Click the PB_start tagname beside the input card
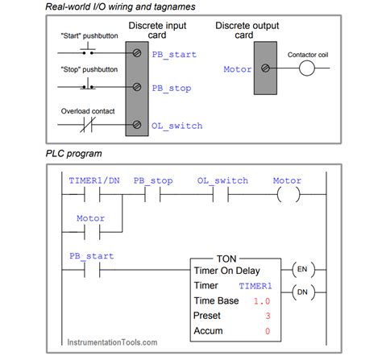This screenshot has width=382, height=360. coord(174,55)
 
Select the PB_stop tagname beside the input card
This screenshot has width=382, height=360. coord(172,89)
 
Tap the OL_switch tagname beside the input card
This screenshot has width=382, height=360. coord(176,126)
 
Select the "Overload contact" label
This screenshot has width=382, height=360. coord(86,111)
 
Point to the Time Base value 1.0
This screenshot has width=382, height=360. coord(260,300)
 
